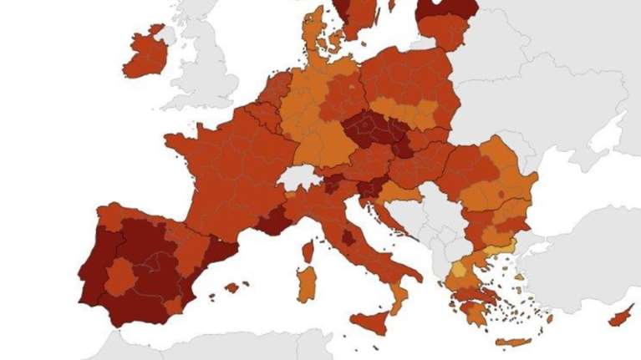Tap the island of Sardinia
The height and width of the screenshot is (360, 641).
307,284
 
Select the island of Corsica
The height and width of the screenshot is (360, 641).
308,251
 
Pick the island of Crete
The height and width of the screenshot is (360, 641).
512,342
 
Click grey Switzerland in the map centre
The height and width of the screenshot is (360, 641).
297,177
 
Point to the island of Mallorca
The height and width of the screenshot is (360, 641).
232,287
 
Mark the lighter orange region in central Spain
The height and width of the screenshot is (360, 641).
121,276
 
